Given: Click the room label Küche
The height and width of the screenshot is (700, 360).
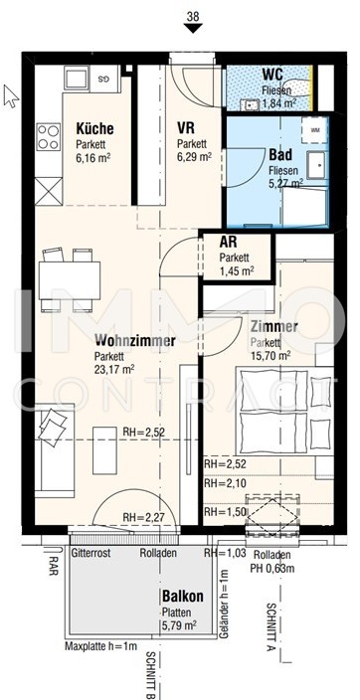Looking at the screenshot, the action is tap(94, 129).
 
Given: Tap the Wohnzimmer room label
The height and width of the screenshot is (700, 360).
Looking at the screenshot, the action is tap(135, 341).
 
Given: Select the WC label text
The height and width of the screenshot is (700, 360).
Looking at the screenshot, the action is tap(272, 74).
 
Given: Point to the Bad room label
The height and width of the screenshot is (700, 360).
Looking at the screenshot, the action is tap(280, 155).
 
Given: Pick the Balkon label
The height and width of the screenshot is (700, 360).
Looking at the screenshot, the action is tap(183, 596).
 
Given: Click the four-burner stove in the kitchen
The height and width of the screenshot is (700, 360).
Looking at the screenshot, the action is tap(49, 136).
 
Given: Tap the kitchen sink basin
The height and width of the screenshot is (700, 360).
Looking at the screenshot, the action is tap(77, 79).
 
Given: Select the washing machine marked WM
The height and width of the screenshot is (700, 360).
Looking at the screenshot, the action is tap(315, 130).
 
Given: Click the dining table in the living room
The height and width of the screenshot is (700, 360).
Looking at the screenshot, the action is tap(70, 280).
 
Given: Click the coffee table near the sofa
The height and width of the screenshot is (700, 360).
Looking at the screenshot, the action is tap(104, 450).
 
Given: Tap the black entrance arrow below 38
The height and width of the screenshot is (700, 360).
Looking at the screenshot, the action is tap(193, 28).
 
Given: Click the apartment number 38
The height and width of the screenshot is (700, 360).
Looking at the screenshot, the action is tap(193, 17).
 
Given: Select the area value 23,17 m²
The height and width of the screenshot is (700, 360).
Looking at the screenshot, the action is tap(114, 369).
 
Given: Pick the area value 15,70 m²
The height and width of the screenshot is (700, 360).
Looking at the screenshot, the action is tap(271, 355).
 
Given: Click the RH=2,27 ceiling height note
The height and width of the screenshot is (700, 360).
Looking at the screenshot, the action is tap(144, 518).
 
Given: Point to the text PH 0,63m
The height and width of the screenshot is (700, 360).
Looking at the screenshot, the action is tap(272, 569).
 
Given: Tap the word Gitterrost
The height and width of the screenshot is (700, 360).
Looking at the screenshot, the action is tap(90, 553).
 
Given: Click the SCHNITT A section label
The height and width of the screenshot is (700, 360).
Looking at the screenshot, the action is tap(270, 627).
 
